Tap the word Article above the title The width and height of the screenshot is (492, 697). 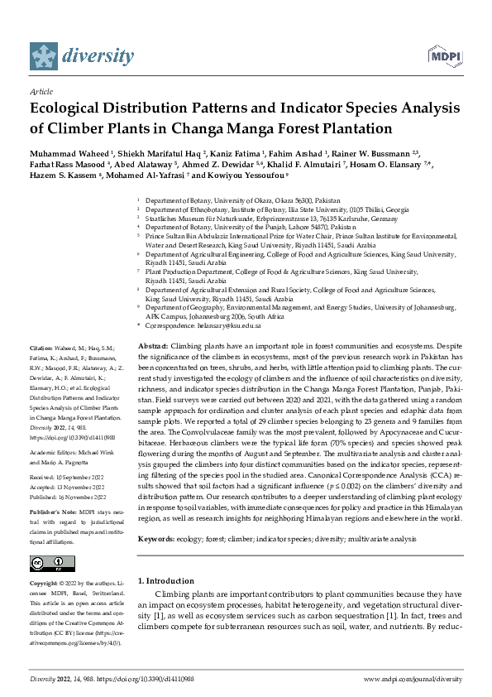click(x=41, y=91)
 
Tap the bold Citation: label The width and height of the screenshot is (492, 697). click(x=41, y=348)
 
